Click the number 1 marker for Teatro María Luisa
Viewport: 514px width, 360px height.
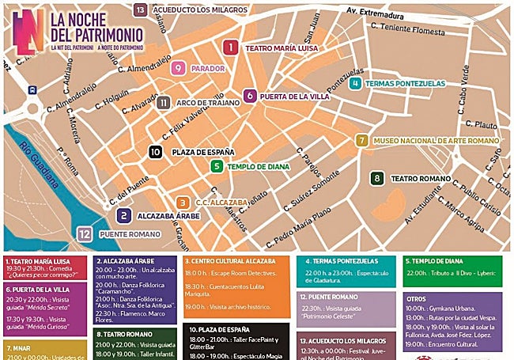(x=230, y=47)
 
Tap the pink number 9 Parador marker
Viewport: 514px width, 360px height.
(x=180, y=68)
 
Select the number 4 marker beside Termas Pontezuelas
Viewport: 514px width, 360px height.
(x=357, y=83)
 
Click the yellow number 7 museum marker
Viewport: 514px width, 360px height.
(x=361, y=141)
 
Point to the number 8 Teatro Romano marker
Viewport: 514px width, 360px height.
(x=378, y=179)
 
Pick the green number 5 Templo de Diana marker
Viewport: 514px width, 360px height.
(x=250, y=97)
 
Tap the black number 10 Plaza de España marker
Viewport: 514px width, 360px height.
(x=156, y=151)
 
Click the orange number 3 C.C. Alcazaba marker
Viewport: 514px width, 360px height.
(x=183, y=203)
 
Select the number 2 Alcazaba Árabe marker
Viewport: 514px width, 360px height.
(x=124, y=215)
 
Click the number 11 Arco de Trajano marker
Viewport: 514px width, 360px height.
(x=164, y=102)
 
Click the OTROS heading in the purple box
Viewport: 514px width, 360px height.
(x=420, y=299)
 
